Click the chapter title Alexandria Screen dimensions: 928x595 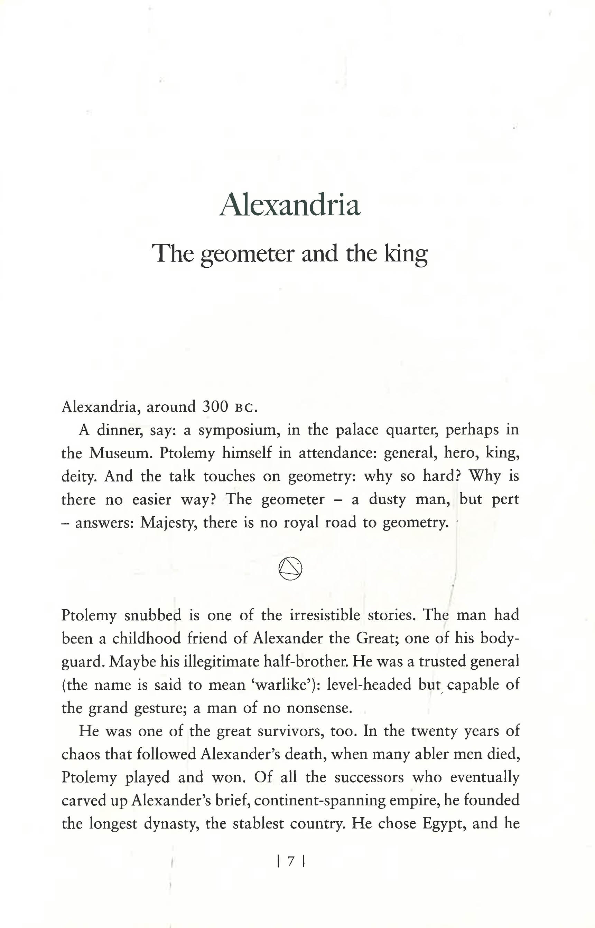[x=290, y=204]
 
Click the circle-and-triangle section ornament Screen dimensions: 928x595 [x=290, y=568]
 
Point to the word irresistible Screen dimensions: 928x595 [x=325, y=615]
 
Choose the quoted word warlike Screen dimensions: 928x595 [x=282, y=685]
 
